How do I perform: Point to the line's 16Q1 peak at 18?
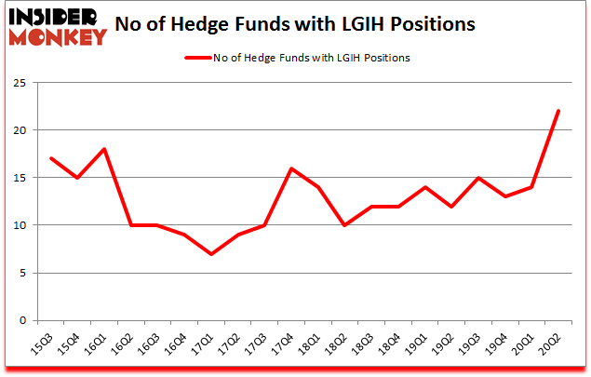105,149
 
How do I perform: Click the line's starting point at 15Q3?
51,158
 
